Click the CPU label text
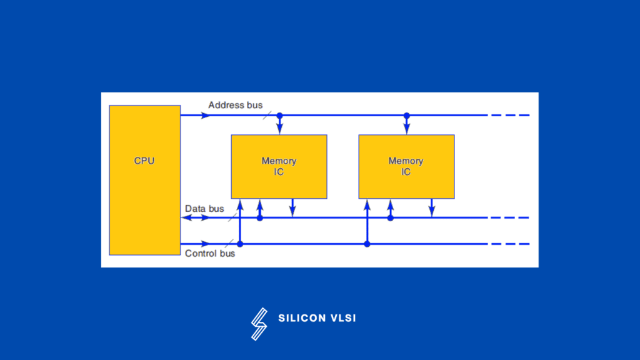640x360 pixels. (144, 161)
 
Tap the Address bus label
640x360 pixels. (235, 105)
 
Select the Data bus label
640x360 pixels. (204, 209)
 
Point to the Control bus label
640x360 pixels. (210, 254)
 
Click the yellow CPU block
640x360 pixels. (144, 187)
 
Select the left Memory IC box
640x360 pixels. (279, 166)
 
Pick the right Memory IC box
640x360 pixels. (406, 166)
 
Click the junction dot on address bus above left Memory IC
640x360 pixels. (279, 116)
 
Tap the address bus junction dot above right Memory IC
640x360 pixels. (407, 116)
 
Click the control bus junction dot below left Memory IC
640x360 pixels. (239, 244)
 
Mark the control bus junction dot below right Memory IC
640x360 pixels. (367, 244)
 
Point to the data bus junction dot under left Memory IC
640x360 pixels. (260, 217)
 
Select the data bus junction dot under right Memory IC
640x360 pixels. (391, 217)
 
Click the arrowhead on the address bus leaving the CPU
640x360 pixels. (206, 116)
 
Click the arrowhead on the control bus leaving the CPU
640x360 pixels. (206, 244)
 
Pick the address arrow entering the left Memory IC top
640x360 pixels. (279, 129)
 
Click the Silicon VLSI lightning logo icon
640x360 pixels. (259, 324)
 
